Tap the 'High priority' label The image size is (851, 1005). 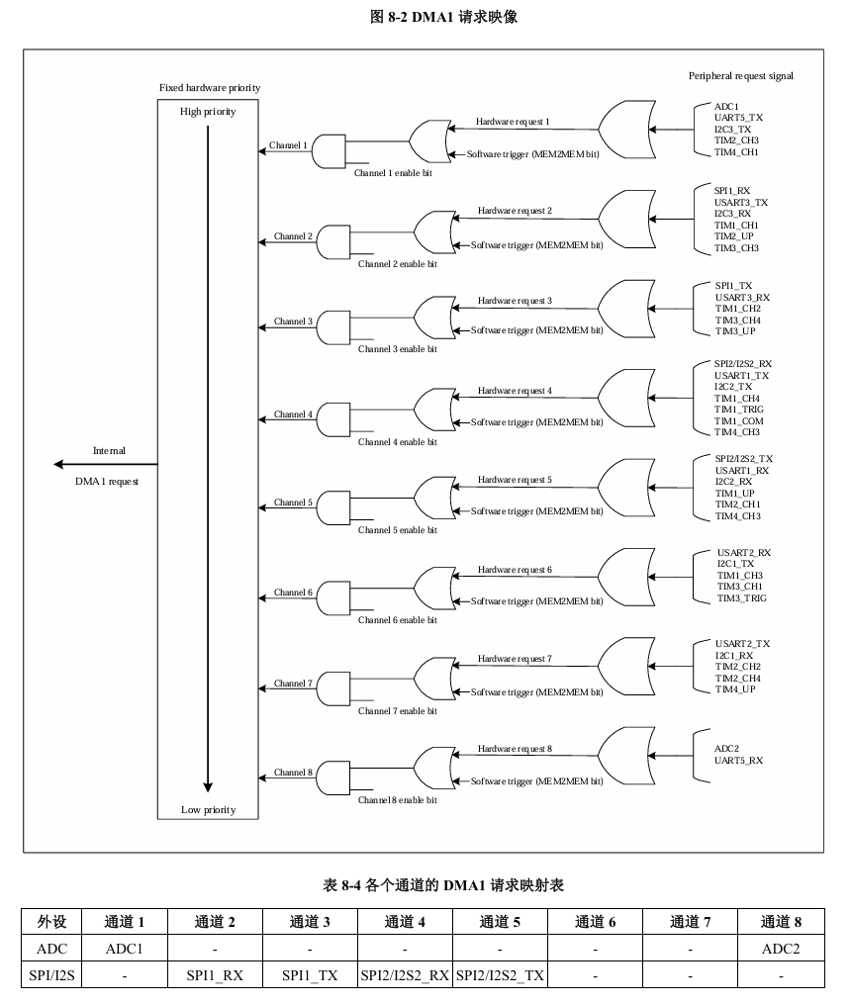208,112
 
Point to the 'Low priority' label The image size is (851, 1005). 208,810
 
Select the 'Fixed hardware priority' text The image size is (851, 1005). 210,88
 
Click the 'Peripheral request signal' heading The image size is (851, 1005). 741,76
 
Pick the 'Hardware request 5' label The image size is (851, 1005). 515,480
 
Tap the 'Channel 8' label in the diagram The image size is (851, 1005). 293,773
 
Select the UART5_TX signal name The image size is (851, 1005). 738,118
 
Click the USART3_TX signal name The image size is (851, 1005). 741,203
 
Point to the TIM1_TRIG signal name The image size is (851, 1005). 739,410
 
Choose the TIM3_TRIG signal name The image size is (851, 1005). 741,598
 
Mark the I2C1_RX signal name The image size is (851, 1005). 734,655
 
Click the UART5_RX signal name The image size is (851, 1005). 738,760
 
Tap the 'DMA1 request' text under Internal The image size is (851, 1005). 107,482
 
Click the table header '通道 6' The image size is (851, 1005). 595,923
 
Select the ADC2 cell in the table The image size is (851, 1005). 780,950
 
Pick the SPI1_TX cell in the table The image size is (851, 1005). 310,975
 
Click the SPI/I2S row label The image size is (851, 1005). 52,975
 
